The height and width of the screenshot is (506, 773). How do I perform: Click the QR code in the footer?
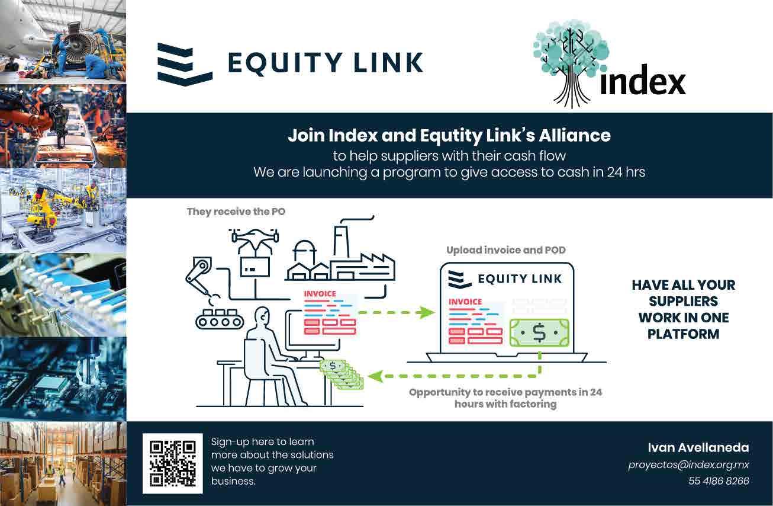[172, 463]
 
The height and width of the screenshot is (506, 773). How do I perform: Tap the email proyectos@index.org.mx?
[688, 465]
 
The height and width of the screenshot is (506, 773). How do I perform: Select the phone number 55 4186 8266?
[719, 481]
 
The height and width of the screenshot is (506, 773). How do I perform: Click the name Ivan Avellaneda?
[698, 447]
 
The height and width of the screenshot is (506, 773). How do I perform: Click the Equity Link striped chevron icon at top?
[185, 64]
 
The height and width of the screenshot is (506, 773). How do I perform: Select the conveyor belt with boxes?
[220, 319]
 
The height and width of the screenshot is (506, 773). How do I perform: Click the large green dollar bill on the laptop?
[539, 333]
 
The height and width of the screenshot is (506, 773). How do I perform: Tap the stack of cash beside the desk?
[342, 374]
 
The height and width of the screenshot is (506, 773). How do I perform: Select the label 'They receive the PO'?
[236, 211]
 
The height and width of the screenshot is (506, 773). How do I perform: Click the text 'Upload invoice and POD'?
[505, 250]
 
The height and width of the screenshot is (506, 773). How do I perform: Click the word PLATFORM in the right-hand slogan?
[683, 334]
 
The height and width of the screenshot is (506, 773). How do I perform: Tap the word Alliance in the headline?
[574, 135]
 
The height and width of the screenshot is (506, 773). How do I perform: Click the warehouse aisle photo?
[63, 463]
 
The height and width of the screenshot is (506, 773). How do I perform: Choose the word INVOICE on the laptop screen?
[465, 302]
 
